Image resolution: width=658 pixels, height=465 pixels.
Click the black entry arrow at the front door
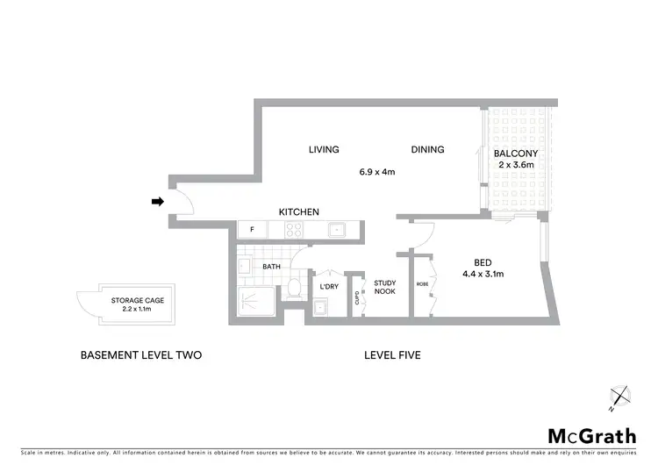[x=158, y=202]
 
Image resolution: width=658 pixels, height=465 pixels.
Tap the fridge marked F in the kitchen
[x=253, y=230]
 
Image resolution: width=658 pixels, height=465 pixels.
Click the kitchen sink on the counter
[x=337, y=230]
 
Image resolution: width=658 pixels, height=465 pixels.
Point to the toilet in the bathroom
[x=295, y=289]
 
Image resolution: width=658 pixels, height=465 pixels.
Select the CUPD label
[x=357, y=296]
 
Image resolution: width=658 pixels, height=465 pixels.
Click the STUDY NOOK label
[x=385, y=288]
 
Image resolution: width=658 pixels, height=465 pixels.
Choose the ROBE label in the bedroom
[x=423, y=283]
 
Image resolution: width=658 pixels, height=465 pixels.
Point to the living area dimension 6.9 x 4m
[x=376, y=172]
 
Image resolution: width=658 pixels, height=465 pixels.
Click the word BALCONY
[x=516, y=154]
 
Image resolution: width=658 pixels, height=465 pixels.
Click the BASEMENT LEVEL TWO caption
[x=141, y=355]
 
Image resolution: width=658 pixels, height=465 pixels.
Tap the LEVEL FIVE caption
[x=394, y=355]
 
